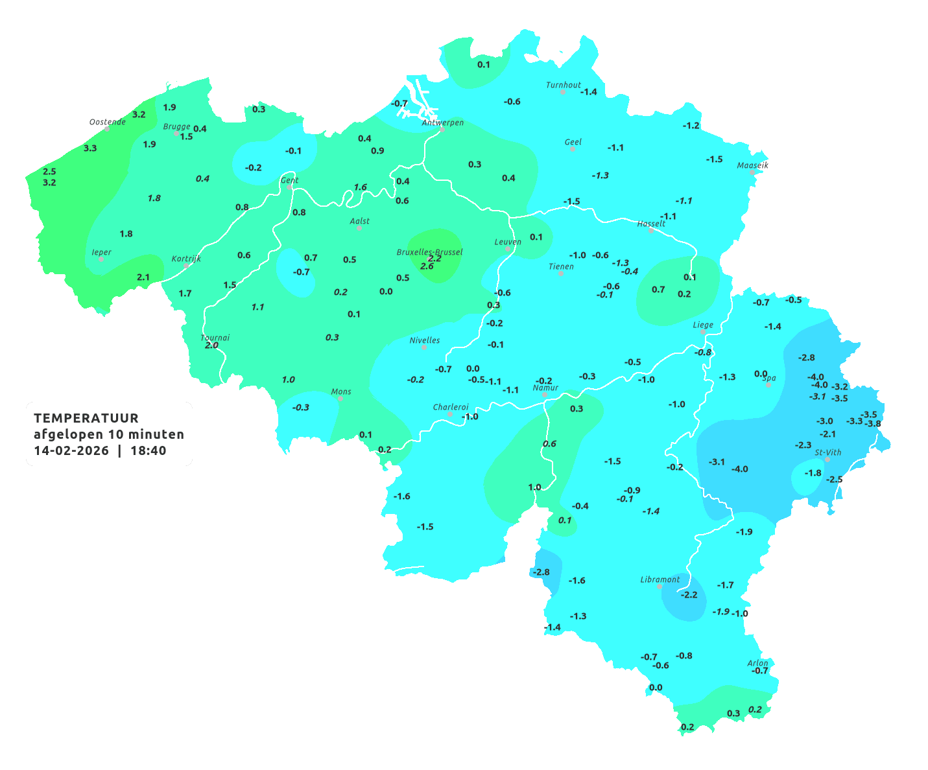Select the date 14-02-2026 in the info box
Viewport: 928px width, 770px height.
[71, 450]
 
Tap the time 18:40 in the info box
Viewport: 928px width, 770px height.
[149, 450]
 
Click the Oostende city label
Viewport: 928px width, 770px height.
[107, 122]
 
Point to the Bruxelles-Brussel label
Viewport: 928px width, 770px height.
[429, 251]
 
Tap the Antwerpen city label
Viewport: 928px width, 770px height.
[443, 122]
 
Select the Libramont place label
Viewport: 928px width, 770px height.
[660, 579]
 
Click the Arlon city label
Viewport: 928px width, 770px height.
[757, 663]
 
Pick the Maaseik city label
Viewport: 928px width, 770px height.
[752, 165]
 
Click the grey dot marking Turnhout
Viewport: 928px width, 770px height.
[562, 92]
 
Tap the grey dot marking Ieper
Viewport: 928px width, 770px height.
[101, 259]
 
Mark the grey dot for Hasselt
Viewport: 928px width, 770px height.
[651, 230]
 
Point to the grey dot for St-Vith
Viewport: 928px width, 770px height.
[827, 460]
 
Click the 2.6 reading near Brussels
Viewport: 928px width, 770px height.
[427, 266]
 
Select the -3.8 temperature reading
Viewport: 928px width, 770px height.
[873, 424]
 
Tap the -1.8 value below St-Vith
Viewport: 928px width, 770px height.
[813, 473]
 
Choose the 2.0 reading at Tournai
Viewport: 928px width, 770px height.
[211, 345]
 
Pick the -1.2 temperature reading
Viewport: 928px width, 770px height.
[691, 125]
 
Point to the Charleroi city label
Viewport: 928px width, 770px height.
[451, 407]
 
